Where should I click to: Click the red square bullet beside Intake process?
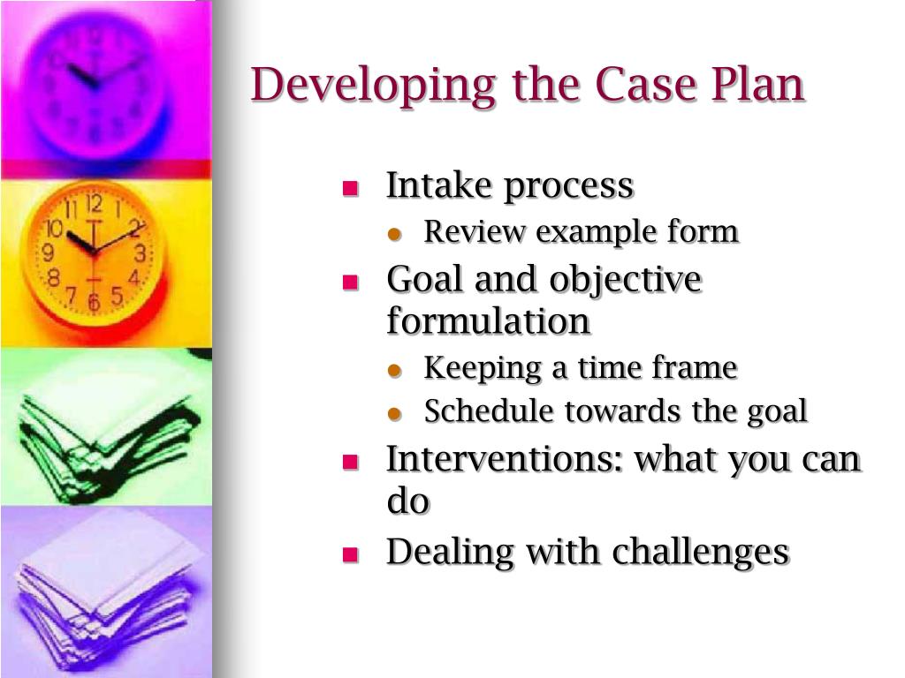[x=350, y=188]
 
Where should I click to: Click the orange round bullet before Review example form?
[x=395, y=234]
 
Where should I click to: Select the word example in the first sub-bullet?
[x=585, y=233]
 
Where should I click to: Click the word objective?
[x=625, y=281]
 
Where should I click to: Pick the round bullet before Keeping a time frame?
[x=395, y=370]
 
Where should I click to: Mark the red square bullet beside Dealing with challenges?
[x=350, y=554]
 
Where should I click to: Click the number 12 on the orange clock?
[x=94, y=205]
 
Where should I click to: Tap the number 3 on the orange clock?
[x=140, y=254]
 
